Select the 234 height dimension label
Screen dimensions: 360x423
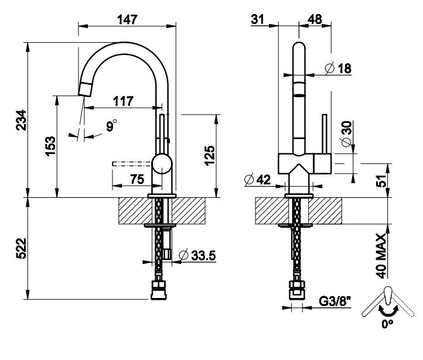click(x=19, y=121)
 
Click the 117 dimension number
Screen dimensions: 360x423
click(x=122, y=101)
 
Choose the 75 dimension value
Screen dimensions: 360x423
click(x=136, y=180)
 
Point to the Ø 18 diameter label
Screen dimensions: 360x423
click(x=337, y=69)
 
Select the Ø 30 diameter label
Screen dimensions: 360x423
click(x=346, y=135)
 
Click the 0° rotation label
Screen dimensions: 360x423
click(x=387, y=323)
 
